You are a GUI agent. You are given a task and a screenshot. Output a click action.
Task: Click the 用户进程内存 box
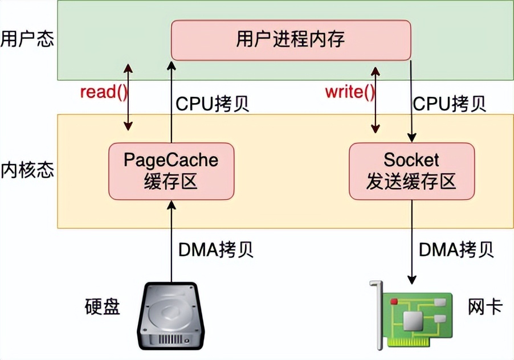(x=291, y=40)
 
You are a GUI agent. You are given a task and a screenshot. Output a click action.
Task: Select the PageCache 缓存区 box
(x=170, y=171)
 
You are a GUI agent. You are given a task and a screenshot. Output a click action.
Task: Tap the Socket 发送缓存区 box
(x=411, y=171)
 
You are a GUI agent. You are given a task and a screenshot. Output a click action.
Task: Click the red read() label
(x=104, y=92)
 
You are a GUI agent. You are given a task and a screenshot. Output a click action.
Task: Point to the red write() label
(x=350, y=92)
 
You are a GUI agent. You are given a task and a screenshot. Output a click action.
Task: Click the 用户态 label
(x=27, y=40)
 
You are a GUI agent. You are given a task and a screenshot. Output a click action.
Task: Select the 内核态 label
(x=27, y=170)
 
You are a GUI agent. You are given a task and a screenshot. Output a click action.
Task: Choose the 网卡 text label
(x=485, y=307)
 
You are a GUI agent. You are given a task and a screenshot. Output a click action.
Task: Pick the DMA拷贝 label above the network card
(x=456, y=249)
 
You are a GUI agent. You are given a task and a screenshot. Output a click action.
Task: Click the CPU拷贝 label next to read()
(x=212, y=104)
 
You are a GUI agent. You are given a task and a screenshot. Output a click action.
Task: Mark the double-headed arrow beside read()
(x=129, y=97)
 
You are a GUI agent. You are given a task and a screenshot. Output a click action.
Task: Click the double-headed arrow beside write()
(x=376, y=97)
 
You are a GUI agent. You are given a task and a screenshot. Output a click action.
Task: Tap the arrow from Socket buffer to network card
(x=411, y=245)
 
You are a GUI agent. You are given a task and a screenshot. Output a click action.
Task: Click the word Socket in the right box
(x=411, y=159)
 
